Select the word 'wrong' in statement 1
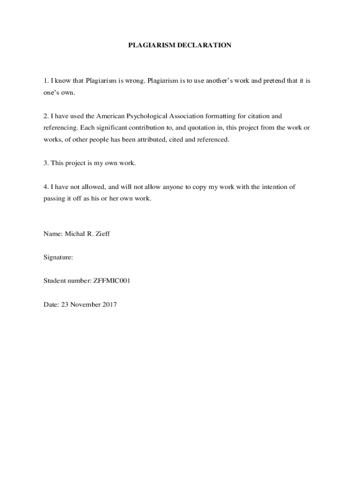(133, 80)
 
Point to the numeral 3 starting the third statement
(45, 163)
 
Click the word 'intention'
(279, 186)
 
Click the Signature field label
(58, 257)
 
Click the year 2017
(109, 304)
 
